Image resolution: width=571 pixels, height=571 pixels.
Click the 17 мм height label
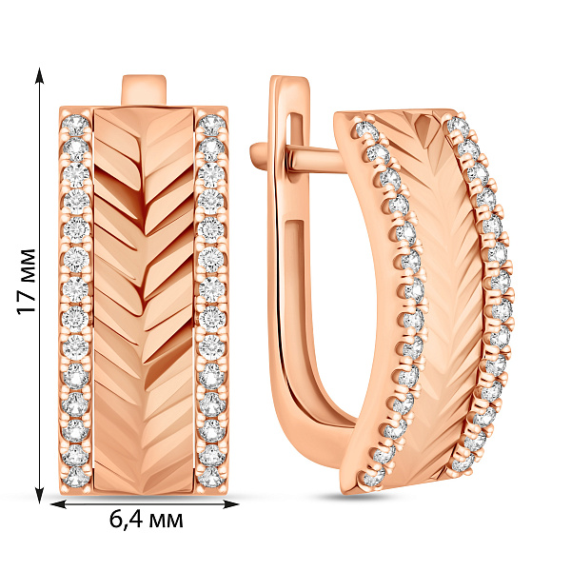pyautogui.click(x=27, y=282)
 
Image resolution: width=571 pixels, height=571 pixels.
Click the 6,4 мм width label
pyautogui.click(x=146, y=520)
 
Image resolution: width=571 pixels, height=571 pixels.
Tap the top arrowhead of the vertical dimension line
pyautogui.click(x=40, y=76)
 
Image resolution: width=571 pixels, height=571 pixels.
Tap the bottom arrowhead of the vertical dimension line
pyautogui.click(x=40, y=493)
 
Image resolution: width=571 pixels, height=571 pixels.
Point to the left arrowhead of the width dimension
pyautogui.click(x=58, y=504)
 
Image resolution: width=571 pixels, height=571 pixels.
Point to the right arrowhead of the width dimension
pyautogui.click(x=230, y=504)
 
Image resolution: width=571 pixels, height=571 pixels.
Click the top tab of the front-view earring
pyautogui.click(x=144, y=90)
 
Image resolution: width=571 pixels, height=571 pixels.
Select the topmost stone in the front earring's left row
pyautogui.click(x=76, y=125)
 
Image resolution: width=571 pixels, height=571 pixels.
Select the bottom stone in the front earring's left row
pyautogui.click(x=76, y=477)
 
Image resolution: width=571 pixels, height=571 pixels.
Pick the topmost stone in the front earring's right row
pyautogui.click(x=211, y=125)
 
